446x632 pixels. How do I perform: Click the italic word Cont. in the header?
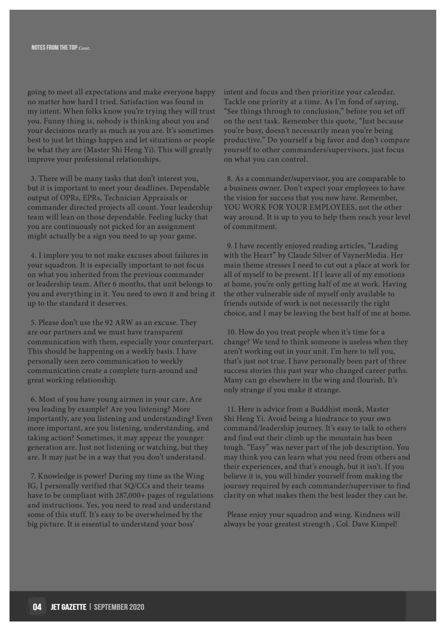point(84,48)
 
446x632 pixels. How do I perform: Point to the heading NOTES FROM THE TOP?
point(54,48)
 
